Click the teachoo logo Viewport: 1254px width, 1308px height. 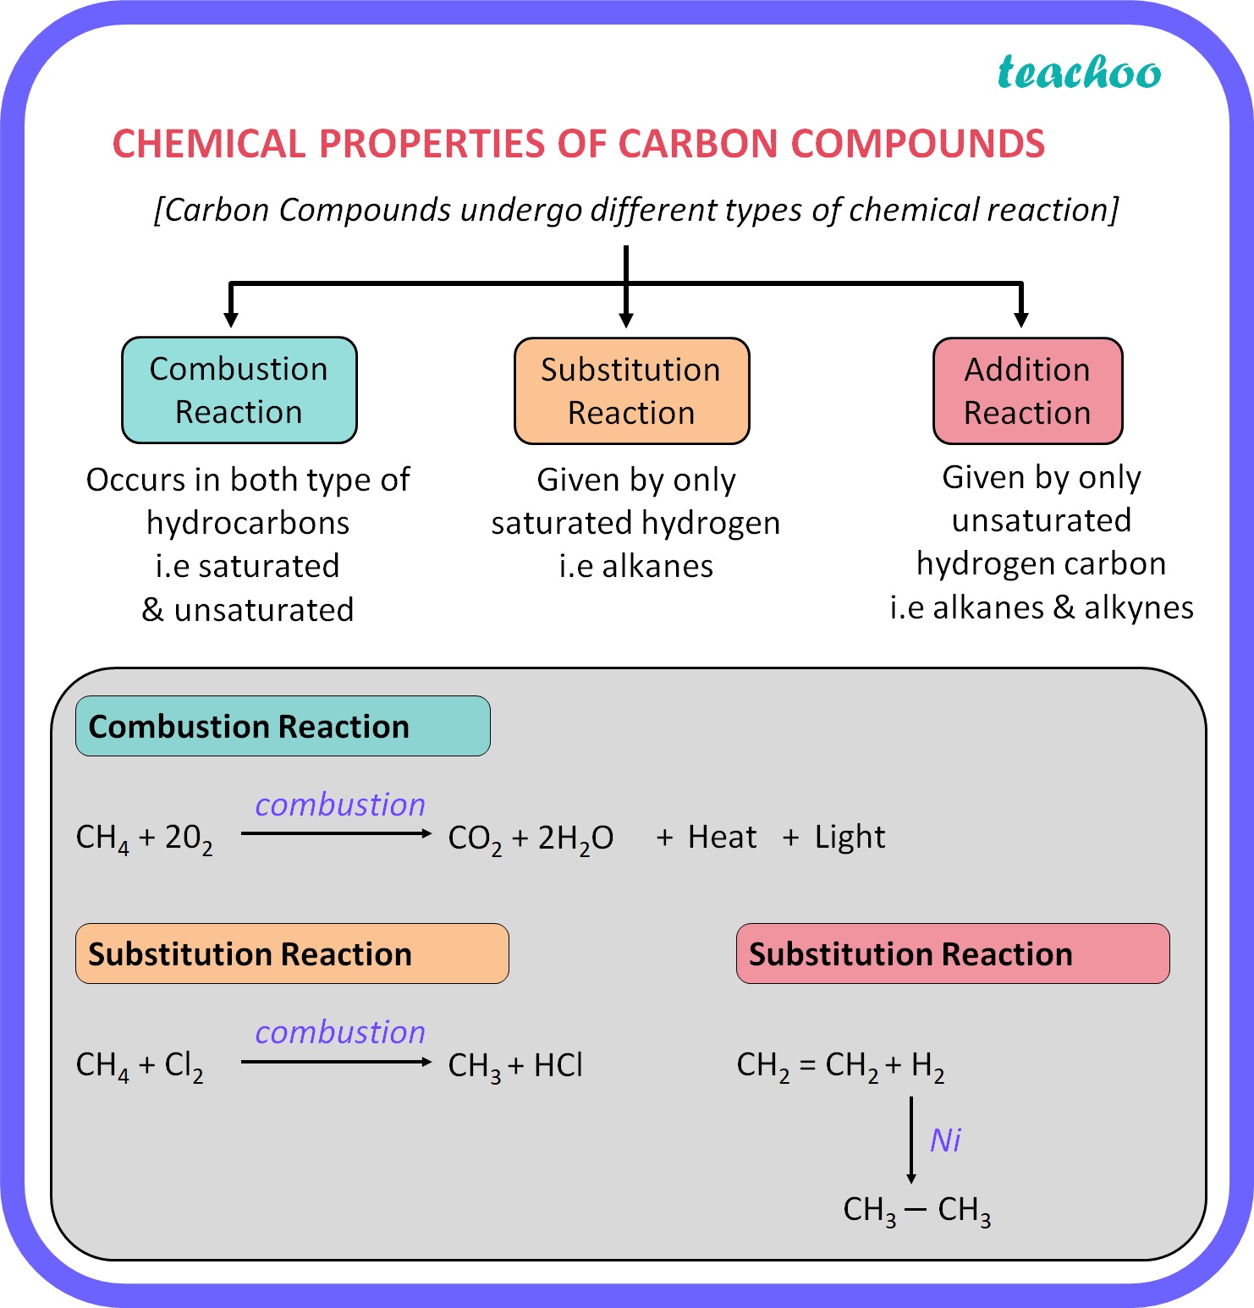point(1079,73)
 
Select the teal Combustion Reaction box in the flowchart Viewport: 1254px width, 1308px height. point(239,390)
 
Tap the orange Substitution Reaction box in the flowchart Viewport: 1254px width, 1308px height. point(631,391)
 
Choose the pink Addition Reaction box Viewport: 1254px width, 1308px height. point(1027,391)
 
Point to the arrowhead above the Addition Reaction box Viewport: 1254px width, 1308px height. point(1021,320)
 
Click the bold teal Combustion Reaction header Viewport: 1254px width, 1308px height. point(283,726)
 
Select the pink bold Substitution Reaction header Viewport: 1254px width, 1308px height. point(953,954)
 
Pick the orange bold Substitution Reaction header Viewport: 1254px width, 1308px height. point(292,954)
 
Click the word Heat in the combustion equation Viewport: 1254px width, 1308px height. point(722,837)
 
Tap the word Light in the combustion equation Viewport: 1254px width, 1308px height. point(850,837)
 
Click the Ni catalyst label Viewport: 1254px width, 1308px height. point(945,1140)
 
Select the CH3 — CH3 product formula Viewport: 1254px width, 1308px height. point(917,1210)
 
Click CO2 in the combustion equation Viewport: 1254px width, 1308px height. point(475,838)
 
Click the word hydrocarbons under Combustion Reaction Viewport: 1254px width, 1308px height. point(248,523)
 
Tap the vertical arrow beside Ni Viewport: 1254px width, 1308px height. point(911,1139)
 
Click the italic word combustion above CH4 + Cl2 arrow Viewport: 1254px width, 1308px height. point(340,1032)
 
